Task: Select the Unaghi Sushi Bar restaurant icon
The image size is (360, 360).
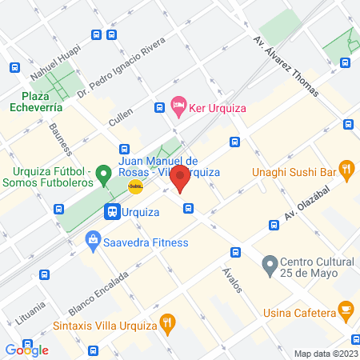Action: pos(346,168)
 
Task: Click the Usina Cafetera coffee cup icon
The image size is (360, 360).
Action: pos(346,309)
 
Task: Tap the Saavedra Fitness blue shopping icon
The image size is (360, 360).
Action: pos(94,239)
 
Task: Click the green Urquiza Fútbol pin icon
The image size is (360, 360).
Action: pos(102,172)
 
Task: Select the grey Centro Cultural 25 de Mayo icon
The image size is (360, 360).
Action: pos(270,262)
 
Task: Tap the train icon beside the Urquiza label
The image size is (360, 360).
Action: pos(112,213)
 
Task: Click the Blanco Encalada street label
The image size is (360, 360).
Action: pos(98,292)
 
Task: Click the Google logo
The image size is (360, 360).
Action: pos(27,350)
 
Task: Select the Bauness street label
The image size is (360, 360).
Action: pos(61,138)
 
